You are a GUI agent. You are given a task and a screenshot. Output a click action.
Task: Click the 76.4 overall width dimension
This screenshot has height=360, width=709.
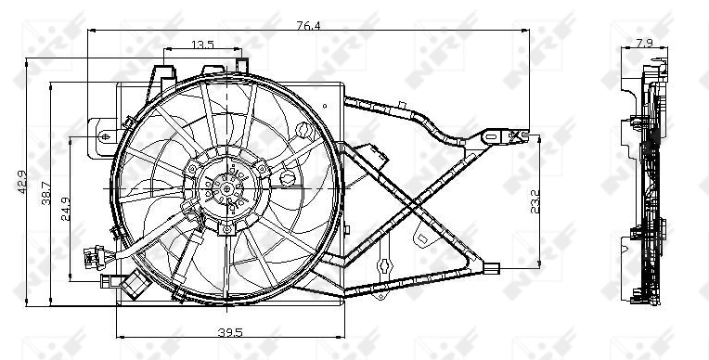click(308, 25)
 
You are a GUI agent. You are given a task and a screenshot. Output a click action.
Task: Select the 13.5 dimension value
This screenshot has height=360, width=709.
click(202, 44)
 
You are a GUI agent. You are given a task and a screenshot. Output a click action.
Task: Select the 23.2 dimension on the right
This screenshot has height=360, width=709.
click(535, 202)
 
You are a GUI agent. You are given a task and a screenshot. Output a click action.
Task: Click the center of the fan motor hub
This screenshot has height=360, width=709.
click(226, 188)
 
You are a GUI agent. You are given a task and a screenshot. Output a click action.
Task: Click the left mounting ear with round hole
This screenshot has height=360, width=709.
click(101, 134)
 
